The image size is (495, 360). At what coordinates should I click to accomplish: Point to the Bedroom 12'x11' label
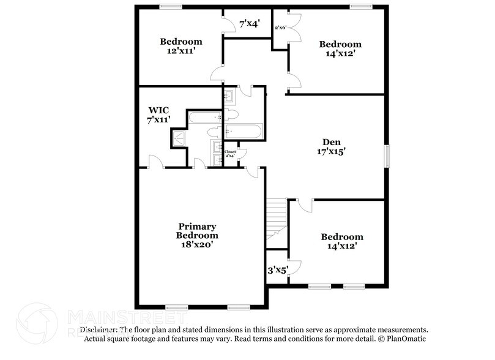coord(181,47)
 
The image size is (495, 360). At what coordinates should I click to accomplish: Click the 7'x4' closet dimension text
coord(250,24)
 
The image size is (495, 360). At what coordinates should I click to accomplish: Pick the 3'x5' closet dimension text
coord(277,269)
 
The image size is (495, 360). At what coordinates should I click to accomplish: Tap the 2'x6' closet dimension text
coord(281,28)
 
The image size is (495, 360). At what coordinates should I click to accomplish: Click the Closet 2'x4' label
coord(230,154)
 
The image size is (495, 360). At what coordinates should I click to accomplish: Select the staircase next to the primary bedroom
coord(277,220)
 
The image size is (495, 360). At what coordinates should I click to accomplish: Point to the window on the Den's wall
coord(386,156)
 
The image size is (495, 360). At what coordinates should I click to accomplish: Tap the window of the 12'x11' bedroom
coord(171,7)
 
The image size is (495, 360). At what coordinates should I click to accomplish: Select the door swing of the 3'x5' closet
coord(295,267)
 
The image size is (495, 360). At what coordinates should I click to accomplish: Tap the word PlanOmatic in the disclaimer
coord(405,339)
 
